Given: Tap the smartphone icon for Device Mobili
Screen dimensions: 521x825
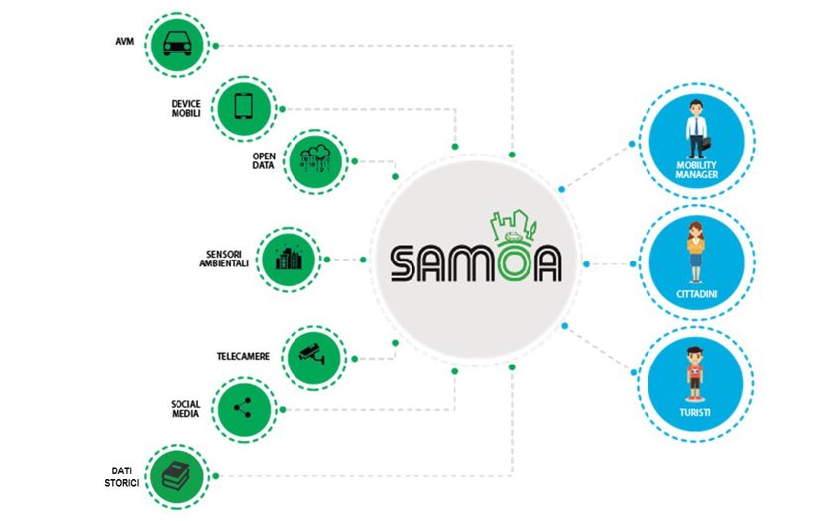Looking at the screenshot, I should (243, 104).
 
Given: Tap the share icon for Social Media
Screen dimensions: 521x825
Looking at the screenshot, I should (239, 407).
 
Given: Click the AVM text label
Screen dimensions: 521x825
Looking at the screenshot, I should (127, 42).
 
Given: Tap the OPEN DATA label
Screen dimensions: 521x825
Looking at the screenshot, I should (263, 160).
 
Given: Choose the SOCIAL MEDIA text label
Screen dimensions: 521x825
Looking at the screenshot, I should (185, 409).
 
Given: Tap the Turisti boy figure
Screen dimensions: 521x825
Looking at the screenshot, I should (696, 371).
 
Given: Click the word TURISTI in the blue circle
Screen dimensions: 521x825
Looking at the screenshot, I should (697, 410).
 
